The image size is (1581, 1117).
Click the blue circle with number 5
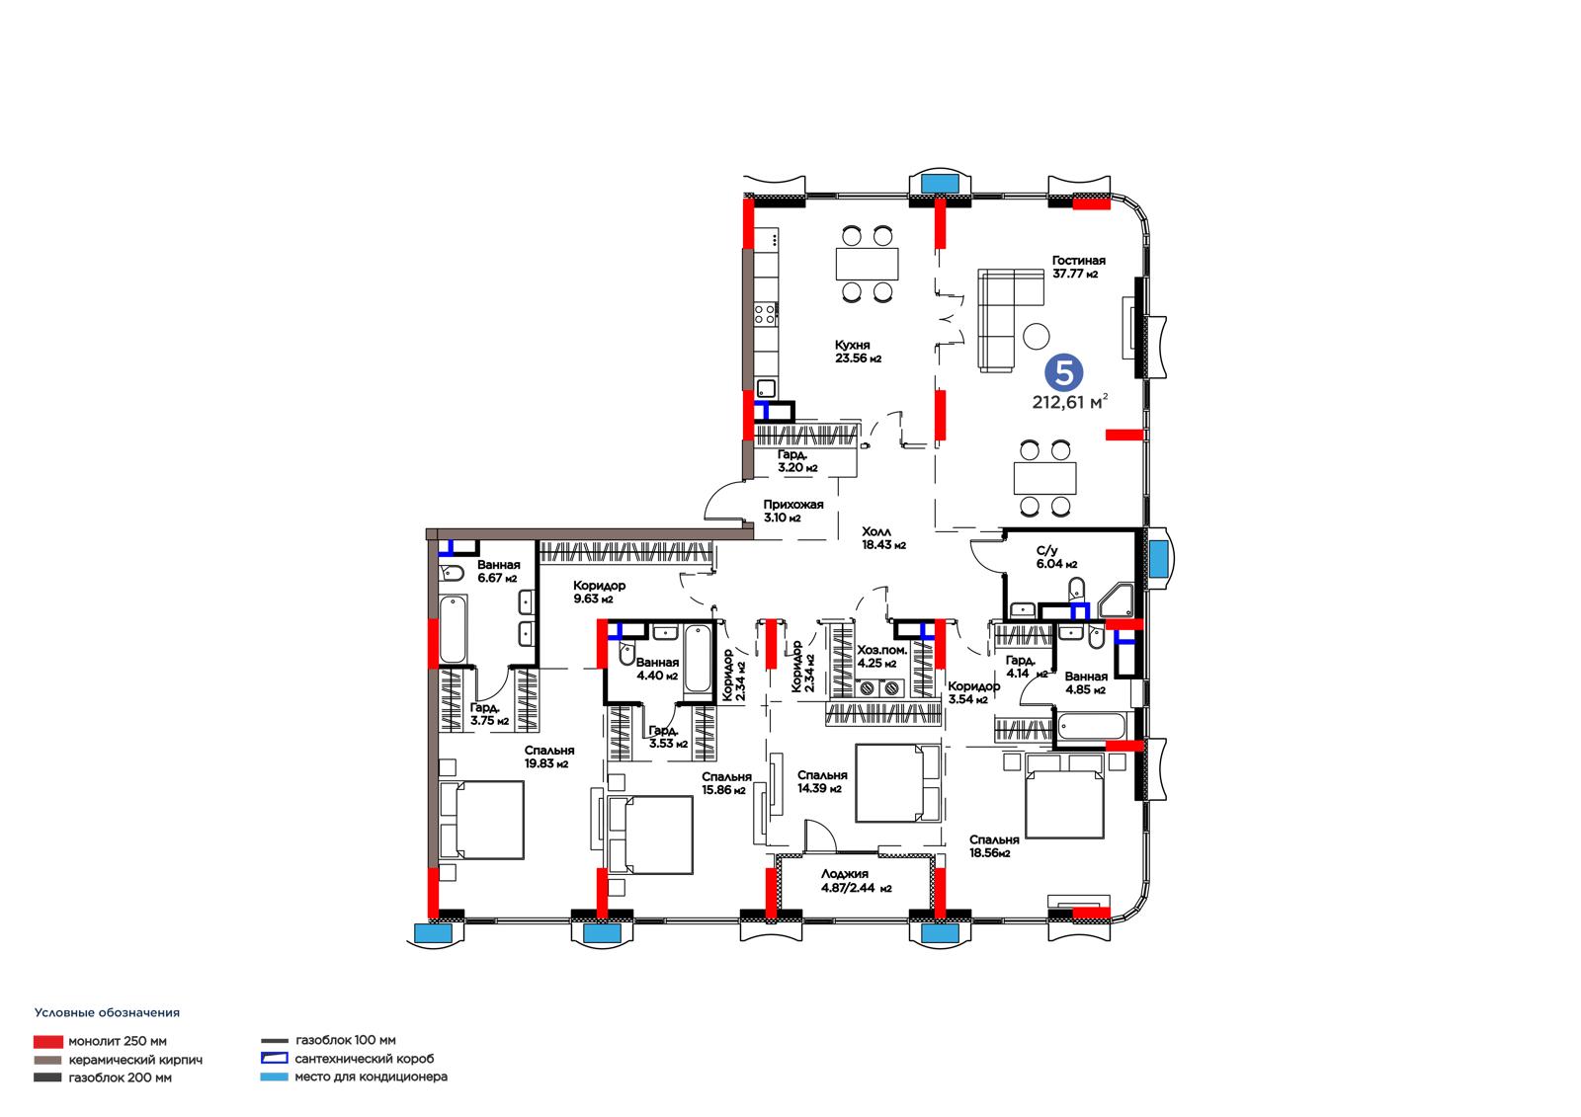1063,372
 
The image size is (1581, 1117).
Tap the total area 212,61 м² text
1070,402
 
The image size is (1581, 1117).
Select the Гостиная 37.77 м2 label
1078,267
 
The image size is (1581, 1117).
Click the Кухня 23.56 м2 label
858,352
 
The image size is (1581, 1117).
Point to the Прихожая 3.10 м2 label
793,511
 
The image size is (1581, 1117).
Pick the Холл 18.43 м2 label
883,537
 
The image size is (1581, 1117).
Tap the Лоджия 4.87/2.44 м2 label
856,881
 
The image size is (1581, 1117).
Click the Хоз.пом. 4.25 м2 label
881,656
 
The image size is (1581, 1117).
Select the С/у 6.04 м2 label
1056,557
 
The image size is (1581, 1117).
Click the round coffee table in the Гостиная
1037,336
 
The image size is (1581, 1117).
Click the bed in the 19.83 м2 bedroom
482,819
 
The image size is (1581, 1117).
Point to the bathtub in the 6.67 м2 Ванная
453,629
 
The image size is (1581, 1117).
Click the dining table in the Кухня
867,264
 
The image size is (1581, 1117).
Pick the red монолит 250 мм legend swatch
48,1042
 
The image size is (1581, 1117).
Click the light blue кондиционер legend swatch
274,1077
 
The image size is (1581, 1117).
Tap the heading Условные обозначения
108,1012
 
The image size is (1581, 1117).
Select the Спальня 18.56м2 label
994,846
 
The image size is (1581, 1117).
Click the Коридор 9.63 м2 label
599,592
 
